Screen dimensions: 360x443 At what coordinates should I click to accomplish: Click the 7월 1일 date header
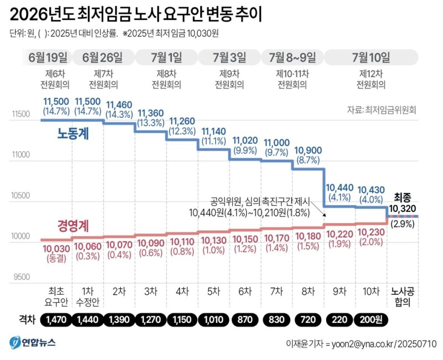pyautogui.click(x=166, y=57)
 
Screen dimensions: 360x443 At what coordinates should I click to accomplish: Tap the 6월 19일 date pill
pyautogui.click(x=48, y=57)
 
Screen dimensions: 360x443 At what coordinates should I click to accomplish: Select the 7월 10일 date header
pyautogui.click(x=371, y=57)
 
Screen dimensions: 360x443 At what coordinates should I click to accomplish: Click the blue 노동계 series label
pyautogui.click(x=73, y=134)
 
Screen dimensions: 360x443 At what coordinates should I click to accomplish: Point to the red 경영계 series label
pyautogui.click(x=73, y=226)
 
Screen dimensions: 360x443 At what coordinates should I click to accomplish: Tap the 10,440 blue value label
pyautogui.click(x=339, y=192)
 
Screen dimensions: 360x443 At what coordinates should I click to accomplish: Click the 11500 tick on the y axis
pyautogui.click(x=21, y=114)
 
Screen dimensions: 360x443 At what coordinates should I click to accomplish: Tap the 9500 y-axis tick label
pyautogui.click(x=21, y=277)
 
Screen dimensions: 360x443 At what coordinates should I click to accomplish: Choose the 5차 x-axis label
pyautogui.click(x=213, y=291)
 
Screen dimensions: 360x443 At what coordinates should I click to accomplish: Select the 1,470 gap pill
pyautogui.click(x=56, y=319)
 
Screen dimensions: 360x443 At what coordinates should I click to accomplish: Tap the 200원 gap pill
pyautogui.click(x=370, y=319)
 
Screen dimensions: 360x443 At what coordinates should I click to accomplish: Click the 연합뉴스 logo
pyautogui.click(x=33, y=342)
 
